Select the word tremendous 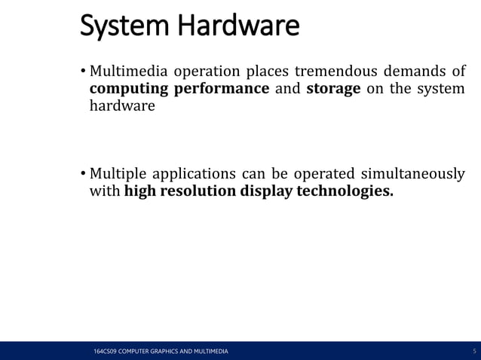tap(332, 72)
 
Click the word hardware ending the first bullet tap(122, 105)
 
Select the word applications tap(197, 174)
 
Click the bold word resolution tap(198, 191)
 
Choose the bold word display tap(267, 191)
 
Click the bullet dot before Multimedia tap(83, 73)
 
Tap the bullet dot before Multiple tap(83, 175)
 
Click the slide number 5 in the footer tap(473, 352)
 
